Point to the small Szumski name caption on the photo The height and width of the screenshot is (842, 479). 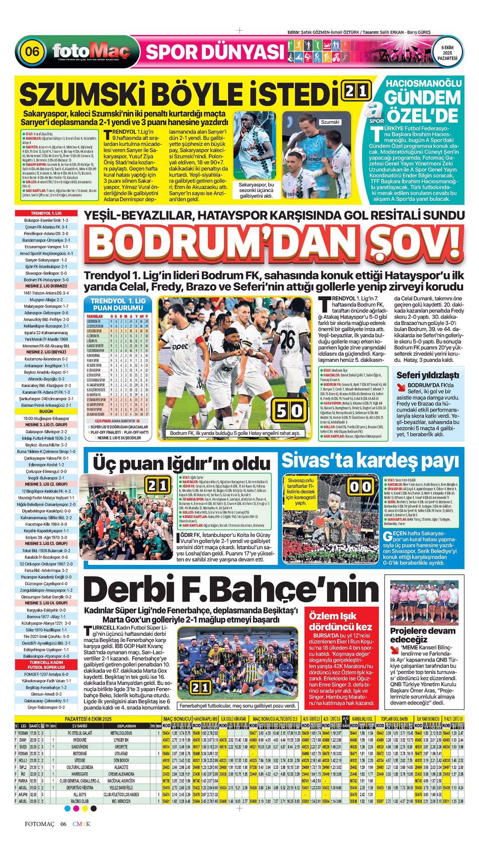[330, 122]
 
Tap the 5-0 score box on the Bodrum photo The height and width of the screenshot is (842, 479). [289, 411]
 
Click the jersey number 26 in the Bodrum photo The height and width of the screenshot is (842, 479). [287, 340]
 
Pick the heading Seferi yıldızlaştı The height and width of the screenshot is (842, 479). [428, 375]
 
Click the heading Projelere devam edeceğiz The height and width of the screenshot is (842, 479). [422, 635]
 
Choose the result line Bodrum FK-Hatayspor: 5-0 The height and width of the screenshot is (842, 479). [46, 280]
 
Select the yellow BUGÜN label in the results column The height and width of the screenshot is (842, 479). [46, 411]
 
